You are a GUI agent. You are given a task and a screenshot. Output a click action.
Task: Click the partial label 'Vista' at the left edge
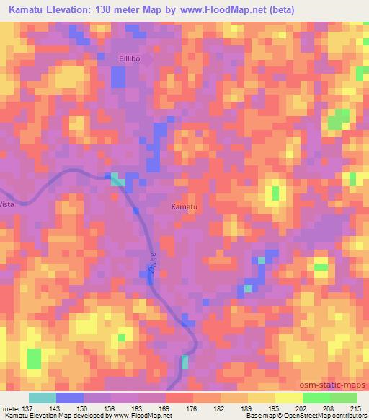[7, 204]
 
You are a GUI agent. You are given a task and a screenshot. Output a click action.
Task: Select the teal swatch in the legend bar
[43, 398]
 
